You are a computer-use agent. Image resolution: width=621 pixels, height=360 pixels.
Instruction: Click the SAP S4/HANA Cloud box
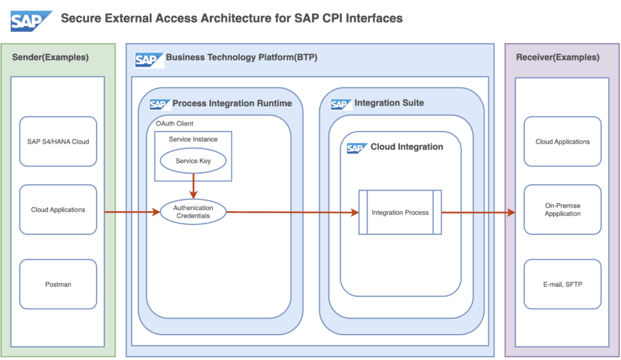58,142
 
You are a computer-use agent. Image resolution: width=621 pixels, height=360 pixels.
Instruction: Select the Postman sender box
58,284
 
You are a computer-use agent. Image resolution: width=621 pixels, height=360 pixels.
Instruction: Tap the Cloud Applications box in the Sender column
58,210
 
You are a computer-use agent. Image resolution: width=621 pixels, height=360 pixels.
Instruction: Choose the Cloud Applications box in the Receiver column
562,142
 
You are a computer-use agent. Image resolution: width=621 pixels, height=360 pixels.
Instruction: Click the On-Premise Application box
562,210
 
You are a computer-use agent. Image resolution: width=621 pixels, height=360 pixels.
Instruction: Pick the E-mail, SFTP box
562,284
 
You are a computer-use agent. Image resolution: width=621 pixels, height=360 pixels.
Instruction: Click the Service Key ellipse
193,161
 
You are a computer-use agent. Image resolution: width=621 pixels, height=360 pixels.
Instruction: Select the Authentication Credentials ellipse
193,212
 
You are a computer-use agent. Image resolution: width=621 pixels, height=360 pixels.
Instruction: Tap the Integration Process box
400,212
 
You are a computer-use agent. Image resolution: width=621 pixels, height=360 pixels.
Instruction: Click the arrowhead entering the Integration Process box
354,212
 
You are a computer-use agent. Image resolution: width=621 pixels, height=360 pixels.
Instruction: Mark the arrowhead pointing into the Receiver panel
511,212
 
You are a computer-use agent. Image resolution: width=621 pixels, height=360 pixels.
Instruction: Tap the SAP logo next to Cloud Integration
357,148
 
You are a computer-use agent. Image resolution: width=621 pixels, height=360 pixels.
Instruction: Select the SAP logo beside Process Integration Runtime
160,104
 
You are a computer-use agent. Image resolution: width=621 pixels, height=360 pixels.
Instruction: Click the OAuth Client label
174,124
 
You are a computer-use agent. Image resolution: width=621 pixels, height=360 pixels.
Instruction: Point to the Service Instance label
193,139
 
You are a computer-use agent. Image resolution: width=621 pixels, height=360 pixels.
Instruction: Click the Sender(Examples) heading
50,57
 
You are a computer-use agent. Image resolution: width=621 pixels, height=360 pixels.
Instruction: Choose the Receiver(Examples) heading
557,57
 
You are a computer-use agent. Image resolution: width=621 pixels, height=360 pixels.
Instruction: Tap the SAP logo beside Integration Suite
341,104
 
